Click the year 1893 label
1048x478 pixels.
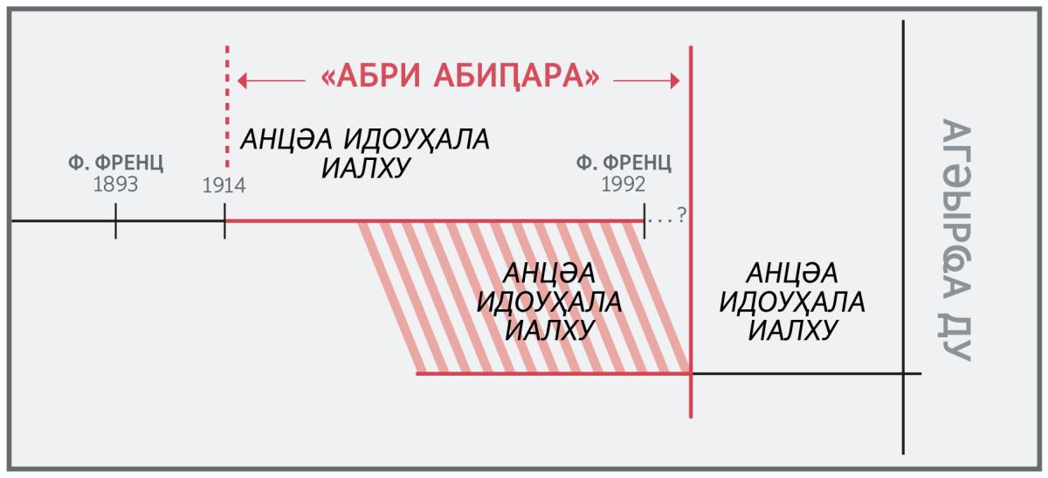coord(115,184)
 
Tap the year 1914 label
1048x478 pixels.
coord(224,185)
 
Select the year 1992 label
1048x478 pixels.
coord(624,184)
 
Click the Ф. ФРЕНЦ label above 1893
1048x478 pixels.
coord(116,163)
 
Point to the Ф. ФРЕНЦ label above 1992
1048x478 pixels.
coord(624,163)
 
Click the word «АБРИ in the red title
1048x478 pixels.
coord(370,76)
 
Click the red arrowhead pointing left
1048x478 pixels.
coord(242,80)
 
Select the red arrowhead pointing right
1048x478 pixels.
coord(675,80)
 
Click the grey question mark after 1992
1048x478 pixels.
coord(682,214)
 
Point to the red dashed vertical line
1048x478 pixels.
coord(227,107)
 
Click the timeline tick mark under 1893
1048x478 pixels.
coord(115,221)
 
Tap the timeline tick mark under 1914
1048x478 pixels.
coord(224,221)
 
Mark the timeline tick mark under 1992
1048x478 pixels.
coord(645,221)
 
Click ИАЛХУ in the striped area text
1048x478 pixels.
coord(548,330)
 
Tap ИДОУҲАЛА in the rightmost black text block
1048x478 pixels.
coord(792,302)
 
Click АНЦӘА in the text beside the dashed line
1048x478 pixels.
coord(286,140)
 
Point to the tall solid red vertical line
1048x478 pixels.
coord(691,232)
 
